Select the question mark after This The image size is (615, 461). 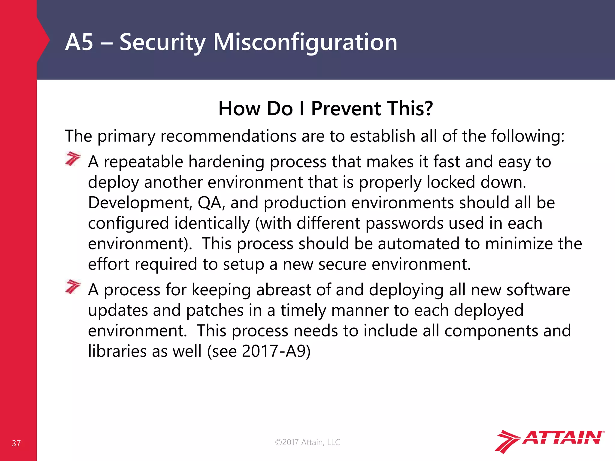coord(428,108)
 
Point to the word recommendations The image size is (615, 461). coord(229,136)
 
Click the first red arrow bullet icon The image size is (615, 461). coord(73,159)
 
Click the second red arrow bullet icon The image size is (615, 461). coord(73,287)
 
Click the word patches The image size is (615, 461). coord(214,310)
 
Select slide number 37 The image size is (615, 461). coord(16,443)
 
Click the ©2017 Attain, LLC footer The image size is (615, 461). coord(307,442)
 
